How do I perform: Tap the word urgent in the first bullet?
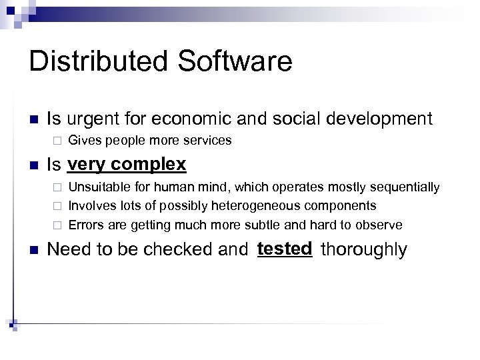(93, 120)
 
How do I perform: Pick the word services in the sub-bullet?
(207, 141)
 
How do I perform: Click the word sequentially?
(406, 187)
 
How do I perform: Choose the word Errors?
(84, 225)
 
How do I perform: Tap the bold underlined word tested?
(284, 249)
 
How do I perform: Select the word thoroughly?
(363, 250)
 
